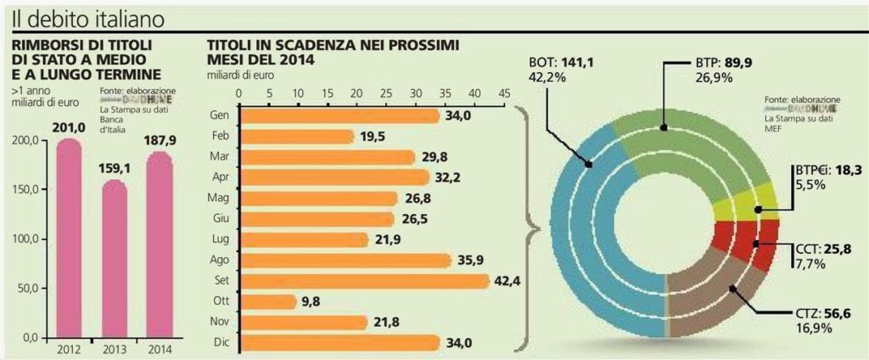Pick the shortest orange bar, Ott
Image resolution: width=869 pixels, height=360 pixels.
point(270,301)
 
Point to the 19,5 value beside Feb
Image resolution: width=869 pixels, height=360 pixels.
point(371,136)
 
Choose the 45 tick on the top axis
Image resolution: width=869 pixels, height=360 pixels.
point(504,93)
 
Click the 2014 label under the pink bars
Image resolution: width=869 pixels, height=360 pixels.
point(159,350)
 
